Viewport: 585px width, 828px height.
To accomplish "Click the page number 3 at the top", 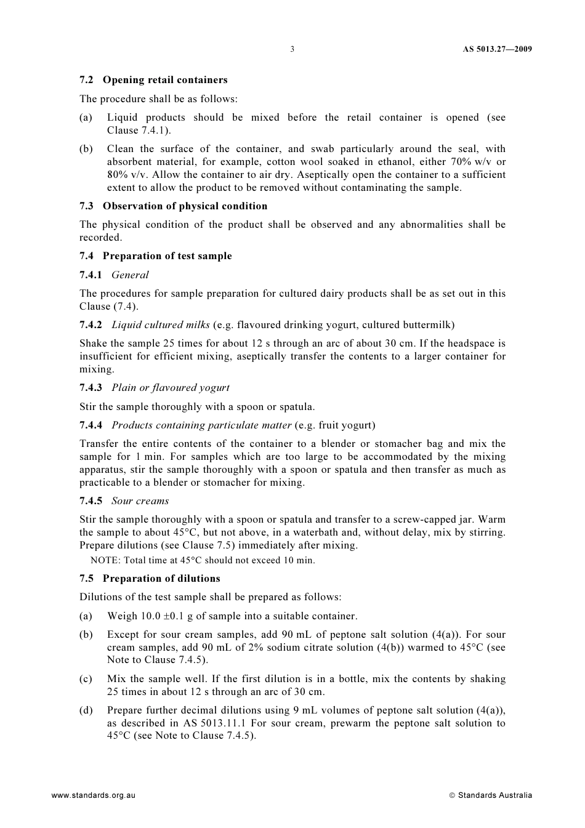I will [x=292, y=49].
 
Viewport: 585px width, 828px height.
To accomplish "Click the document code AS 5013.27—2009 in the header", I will [x=497, y=49].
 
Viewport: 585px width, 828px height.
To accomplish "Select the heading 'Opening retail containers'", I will [x=165, y=80].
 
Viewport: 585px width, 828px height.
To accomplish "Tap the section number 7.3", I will [x=86, y=206].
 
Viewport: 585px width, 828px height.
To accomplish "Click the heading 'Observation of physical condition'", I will [x=185, y=206].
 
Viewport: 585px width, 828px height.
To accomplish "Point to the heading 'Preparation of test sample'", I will [x=167, y=256].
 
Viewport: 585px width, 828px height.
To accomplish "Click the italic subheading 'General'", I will [x=130, y=275].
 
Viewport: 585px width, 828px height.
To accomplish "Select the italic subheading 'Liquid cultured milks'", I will [x=160, y=325].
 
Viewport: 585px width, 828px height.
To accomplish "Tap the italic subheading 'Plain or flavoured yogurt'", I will [x=170, y=388].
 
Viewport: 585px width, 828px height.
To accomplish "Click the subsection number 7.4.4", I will [x=91, y=425].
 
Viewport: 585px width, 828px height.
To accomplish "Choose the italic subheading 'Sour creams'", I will [x=140, y=501].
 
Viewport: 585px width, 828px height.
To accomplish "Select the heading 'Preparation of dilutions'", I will [x=161, y=579].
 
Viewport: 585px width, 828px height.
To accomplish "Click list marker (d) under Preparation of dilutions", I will [x=86, y=710].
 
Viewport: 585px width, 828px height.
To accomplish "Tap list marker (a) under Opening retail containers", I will [x=86, y=118].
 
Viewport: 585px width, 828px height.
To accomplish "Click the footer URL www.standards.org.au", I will [x=93, y=795].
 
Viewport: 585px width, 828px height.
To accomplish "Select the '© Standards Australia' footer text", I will [x=491, y=795].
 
